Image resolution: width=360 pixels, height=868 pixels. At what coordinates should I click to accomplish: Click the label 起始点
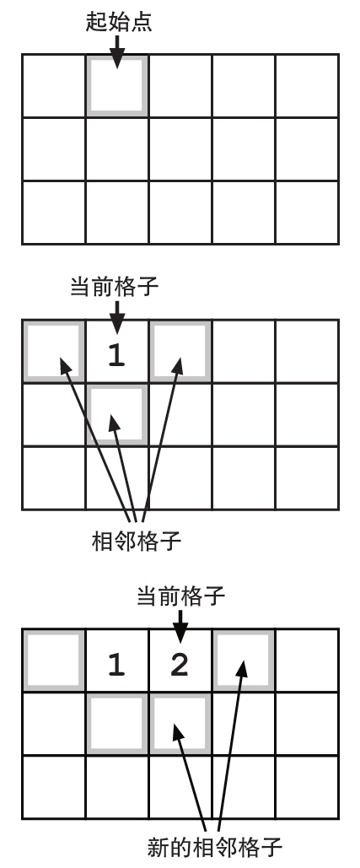click(x=118, y=21)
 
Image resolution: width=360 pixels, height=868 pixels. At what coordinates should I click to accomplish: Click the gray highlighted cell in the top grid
click(x=117, y=86)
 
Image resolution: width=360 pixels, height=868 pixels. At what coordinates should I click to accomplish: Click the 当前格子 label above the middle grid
click(x=114, y=287)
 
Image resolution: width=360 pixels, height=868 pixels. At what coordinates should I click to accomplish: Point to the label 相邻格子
click(x=136, y=541)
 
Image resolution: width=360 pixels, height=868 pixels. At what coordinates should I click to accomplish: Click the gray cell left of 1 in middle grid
click(x=54, y=351)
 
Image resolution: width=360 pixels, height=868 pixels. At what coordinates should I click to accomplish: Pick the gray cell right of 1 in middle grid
click(x=180, y=351)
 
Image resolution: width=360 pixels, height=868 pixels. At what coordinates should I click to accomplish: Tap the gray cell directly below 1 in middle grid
click(x=117, y=415)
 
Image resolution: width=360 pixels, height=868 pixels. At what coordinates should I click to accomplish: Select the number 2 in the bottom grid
click(x=180, y=665)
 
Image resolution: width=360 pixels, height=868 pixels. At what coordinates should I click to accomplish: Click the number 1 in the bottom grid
click(x=116, y=665)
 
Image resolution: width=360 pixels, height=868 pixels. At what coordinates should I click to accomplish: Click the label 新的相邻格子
click(x=214, y=848)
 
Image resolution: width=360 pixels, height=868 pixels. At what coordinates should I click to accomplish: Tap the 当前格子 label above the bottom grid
click(x=180, y=596)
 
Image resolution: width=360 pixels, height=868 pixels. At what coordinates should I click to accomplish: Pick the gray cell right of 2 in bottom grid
click(x=244, y=660)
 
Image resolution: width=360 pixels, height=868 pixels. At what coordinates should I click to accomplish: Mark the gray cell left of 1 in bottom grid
click(x=54, y=660)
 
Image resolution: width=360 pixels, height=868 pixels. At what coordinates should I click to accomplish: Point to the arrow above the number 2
click(x=180, y=627)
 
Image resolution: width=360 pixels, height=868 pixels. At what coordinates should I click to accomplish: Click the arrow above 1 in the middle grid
click(x=116, y=317)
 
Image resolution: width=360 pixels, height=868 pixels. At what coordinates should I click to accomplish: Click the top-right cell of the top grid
click(x=307, y=86)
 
